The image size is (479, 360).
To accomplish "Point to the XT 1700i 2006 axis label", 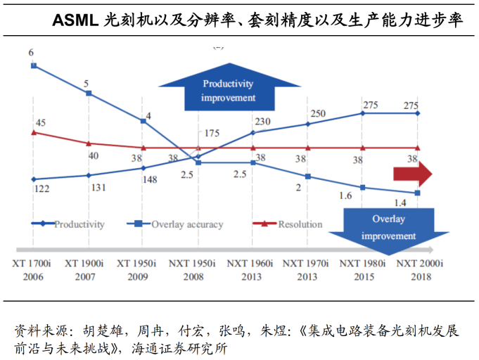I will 32,269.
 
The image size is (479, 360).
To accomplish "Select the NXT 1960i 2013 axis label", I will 252,269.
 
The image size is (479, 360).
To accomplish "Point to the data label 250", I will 318,114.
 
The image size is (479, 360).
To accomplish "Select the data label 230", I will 263,121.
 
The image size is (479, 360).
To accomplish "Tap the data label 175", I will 213,133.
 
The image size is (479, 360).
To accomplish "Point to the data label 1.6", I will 345,195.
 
